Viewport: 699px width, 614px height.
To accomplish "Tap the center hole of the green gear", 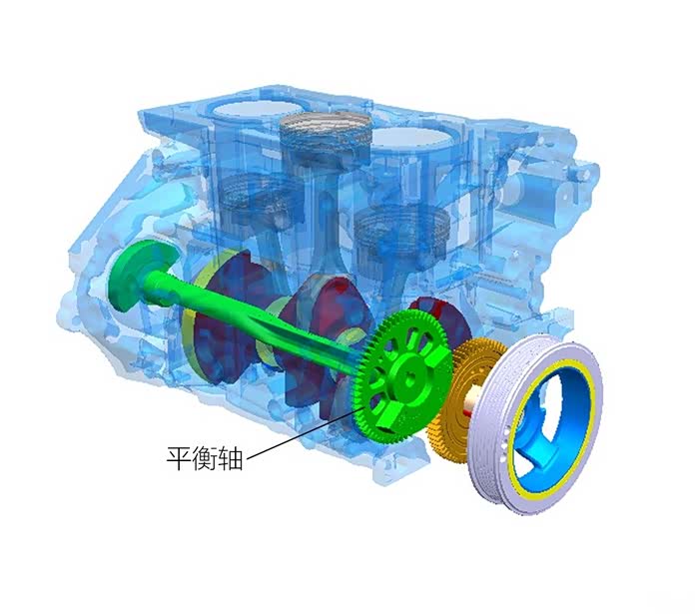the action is pos(409,377).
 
